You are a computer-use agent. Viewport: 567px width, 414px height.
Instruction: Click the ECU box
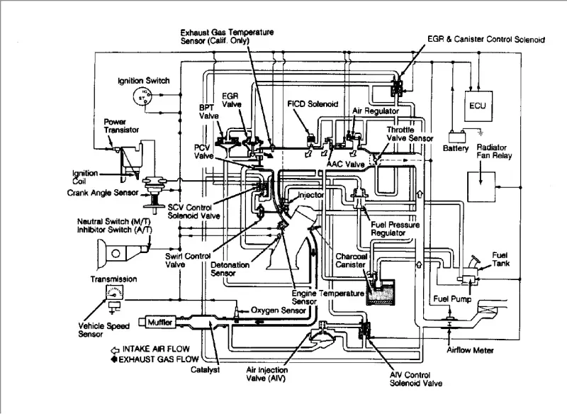coord(478,106)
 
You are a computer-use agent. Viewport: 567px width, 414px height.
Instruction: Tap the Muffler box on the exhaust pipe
coord(160,322)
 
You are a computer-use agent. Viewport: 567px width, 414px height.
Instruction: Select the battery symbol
coord(456,138)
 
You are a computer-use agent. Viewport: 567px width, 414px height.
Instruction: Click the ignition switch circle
coord(142,96)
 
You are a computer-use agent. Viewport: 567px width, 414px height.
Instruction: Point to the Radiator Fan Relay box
coord(481,186)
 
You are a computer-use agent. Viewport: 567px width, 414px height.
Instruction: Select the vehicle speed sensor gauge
coord(115,292)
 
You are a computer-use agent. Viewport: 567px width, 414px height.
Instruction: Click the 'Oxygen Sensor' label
coord(278,310)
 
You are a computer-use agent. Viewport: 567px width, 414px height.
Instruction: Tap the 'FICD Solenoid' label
coord(313,104)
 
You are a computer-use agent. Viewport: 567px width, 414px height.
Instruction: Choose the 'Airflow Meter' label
coord(470,350)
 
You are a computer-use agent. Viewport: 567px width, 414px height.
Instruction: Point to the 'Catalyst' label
coord(205,370)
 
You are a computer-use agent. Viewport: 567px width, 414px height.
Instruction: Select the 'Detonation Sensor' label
coord(230,269)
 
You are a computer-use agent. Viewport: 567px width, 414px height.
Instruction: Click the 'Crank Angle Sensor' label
coord(103,193)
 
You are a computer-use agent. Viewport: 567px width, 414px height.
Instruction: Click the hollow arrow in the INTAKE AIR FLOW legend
coord(115,350)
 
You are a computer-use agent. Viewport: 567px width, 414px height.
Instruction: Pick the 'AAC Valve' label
coord(345,164)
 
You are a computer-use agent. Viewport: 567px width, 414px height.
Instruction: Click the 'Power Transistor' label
coord(121,125)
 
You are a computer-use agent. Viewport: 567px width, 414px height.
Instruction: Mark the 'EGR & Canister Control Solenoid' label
coord(486,40)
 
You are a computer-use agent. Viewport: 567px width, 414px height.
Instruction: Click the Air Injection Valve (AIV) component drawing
coord(322,335)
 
